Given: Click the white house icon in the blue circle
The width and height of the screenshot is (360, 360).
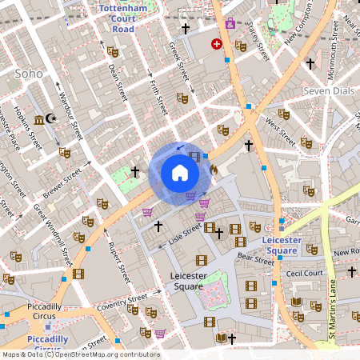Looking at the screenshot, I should pyautogui.click(x=180, y=173).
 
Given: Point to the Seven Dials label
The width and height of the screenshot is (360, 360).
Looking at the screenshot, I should pyautogui.click(x=327, y=91).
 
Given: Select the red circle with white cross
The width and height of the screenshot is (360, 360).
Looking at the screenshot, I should pyautogui.click(x=216, y=44).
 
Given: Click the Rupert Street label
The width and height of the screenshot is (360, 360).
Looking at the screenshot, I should pyautogui.click(x=118, y=263).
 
